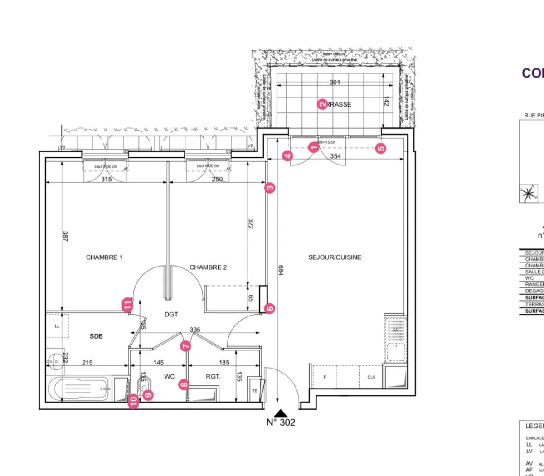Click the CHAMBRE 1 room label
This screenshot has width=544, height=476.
click(104, 257)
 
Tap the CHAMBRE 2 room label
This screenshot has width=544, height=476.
click(208, 267)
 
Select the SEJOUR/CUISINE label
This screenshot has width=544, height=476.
click(335, 257)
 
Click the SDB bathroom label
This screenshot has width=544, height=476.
click(96, 336)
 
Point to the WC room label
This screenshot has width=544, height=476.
click(169, 376)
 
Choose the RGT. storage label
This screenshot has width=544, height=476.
click(213, 376)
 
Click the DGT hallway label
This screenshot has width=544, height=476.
click(171, 314)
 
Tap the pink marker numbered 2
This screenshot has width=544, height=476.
click(322, 104)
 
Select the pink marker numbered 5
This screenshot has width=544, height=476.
click(381, 148)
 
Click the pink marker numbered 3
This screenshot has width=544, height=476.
click(270, 187)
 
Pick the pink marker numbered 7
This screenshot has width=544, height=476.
click(185, 346)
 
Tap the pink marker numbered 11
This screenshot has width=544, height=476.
click(128, 305)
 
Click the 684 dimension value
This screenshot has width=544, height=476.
click(281, 270)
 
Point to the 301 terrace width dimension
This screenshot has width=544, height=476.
click(335, 82)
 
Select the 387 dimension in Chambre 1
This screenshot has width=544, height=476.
click(65, 236)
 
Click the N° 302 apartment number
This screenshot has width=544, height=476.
click(281, 423)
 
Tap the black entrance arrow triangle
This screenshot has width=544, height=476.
click(281, 413)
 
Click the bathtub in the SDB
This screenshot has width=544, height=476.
click(79, 389)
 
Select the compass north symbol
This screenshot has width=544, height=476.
click(528, 194)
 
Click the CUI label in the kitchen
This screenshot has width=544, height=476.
click(371, 377)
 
